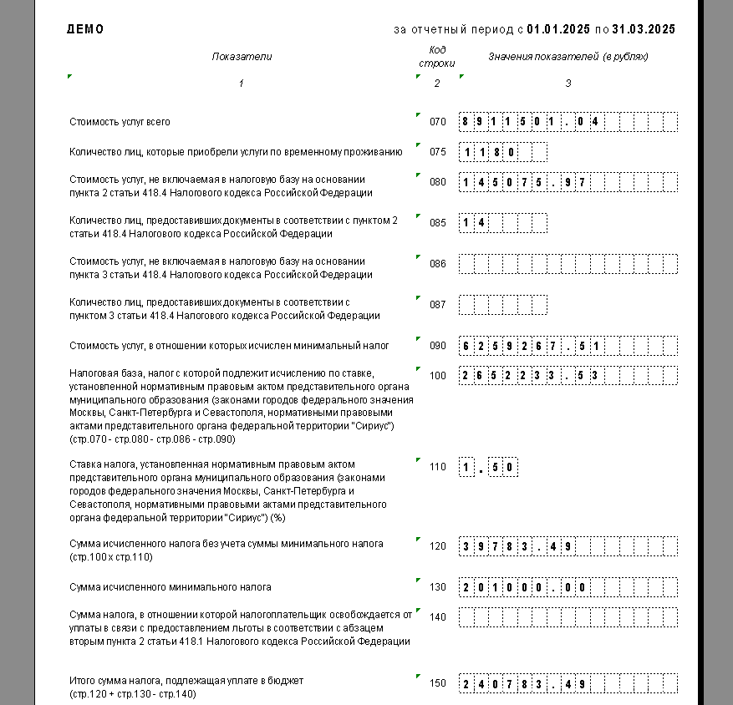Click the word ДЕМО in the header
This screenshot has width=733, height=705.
click(x=85, y=29)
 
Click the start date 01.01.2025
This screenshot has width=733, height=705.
click(x=558, y=29)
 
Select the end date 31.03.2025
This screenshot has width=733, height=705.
click(x=644, y=29)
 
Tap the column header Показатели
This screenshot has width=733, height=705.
click(x=242, y=57)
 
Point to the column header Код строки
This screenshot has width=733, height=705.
click(x=437, y=56)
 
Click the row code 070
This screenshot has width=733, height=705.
click(x=438, y=122)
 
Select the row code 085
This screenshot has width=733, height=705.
click(x=438, y=223)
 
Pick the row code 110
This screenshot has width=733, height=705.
click(x=438, y=467)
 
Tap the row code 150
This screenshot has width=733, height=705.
click(x=438, y=684)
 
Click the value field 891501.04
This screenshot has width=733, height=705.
click(x=568, y=122)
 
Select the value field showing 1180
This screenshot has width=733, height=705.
click(x=502, y=152)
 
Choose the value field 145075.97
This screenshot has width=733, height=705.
click(x=568, y=182)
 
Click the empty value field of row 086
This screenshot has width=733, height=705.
click(x=568, y=264)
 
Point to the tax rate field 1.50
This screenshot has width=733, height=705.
click(x=488, y=467)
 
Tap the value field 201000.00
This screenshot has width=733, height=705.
click(x=568, y=587)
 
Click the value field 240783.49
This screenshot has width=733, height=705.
click(x=568, y=684)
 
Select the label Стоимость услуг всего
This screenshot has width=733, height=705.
click(x=120, y=122)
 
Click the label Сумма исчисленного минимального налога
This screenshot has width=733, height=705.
click(x=170, y=587)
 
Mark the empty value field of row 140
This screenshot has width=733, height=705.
click(x=568, y=617)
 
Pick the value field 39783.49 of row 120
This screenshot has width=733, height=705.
click(x=568, y=547)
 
